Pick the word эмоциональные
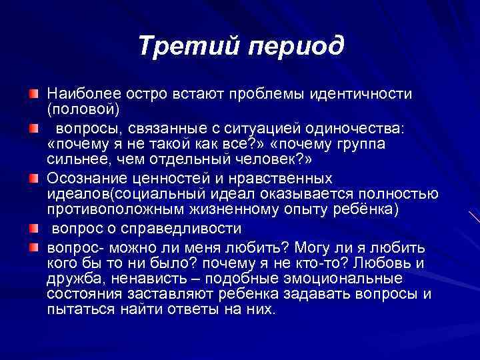pos(354,279)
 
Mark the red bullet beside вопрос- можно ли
pos(33,245)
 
